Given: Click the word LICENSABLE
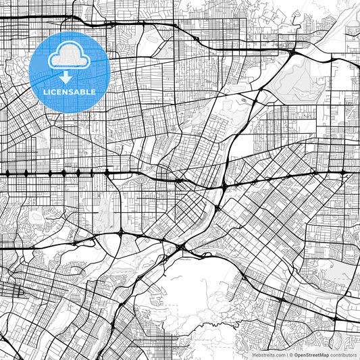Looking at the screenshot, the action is point(70,91).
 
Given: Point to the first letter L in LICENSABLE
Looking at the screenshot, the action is point(45,91).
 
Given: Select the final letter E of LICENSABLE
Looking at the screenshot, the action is point(93,91).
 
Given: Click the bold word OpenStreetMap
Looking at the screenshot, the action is point(311,354).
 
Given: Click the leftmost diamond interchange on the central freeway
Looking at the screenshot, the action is point(7,174).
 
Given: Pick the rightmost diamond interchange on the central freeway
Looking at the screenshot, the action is point(343,174).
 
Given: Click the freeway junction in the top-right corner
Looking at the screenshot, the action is point(292,52).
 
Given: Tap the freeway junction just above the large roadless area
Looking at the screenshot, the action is point(181,248).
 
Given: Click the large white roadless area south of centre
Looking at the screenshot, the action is point(196,284).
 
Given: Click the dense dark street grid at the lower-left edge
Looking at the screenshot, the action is point(10,290).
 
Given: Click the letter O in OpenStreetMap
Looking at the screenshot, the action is point(295,354).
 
